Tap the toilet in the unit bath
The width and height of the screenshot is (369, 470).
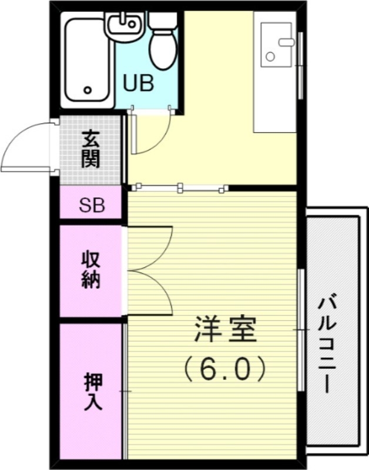(x=163, y=47)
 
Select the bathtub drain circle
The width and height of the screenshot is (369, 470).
(x=88, y=90)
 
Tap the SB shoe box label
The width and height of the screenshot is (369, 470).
(x=92, y=206)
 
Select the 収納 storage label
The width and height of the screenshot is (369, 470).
(x=91, y=269)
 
